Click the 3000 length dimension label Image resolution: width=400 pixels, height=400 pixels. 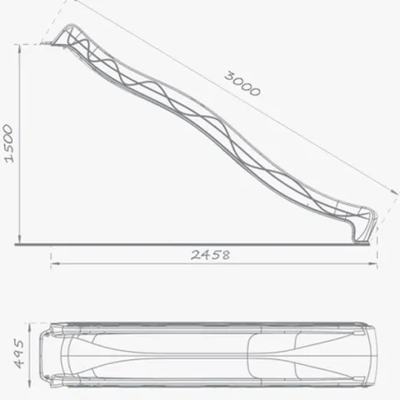(242, 84)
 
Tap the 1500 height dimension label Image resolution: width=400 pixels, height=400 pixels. (8, 143)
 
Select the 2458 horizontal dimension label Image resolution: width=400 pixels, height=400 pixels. (211, 255)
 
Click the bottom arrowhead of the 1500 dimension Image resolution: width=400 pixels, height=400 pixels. (19, 239)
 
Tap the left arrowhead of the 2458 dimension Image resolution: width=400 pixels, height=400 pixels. (55, 263)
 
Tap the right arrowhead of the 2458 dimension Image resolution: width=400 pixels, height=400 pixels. (372, 263)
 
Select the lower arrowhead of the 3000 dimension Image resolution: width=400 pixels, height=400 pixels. (395, 192)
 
